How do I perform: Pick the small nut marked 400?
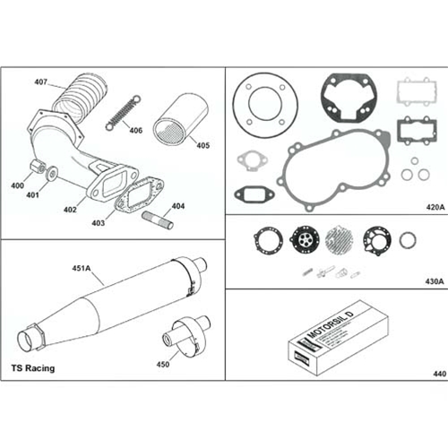tap(37, 168)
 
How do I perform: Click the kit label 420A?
tap(435, 206)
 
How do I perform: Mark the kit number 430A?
tap(434, 280)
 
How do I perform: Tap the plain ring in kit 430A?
tap(408, 240)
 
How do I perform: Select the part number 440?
tap(437, 374)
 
